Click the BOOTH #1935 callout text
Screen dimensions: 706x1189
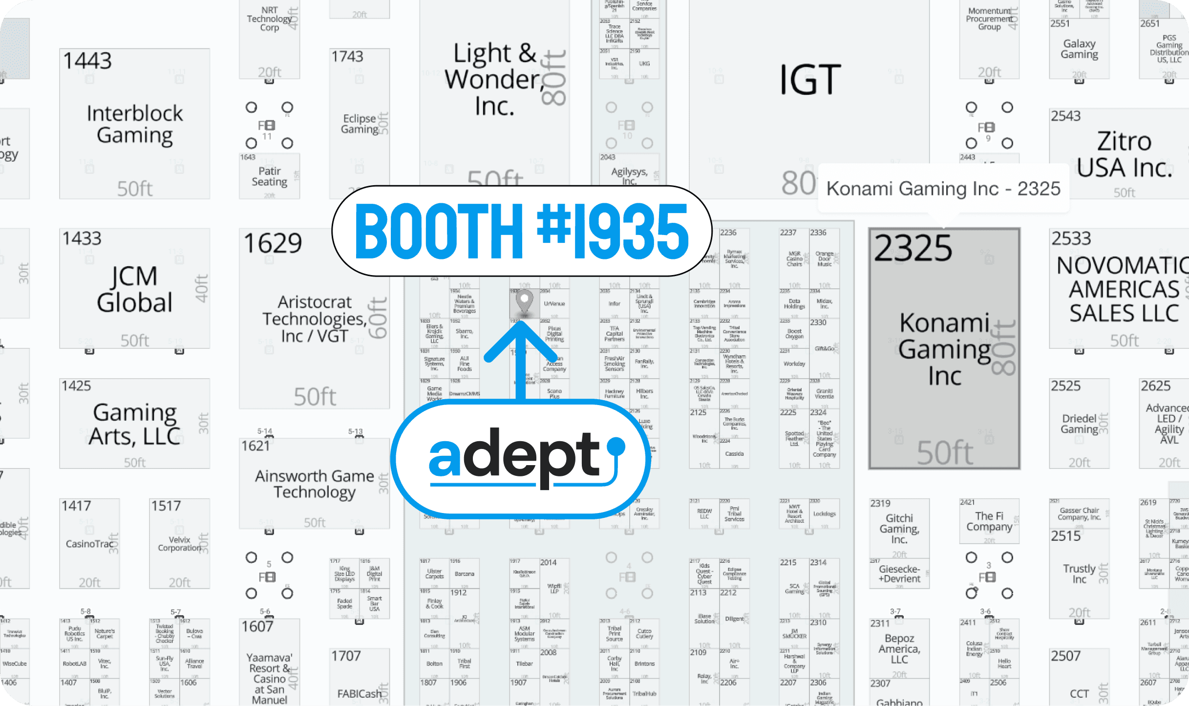pyautogui.click(x=521, y=231)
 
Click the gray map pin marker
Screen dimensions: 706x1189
pyautogui.click(x=524, y=301)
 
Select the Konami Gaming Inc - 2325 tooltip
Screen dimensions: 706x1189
pyautogui.click(x=943, y=189)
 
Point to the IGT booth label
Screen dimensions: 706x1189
pyautogui.click(x=809, y=80)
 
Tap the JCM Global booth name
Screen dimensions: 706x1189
pyautogui.click(x=134, y=289)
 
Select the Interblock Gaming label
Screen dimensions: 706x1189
pyautogui.click(x=135, y=124)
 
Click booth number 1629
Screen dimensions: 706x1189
pyautogui.click(x=273, y=243)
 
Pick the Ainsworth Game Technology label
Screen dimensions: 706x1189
pyautogui.click(x=314, y=484)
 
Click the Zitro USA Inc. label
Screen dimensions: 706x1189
pyautogui.click(x=1124, y=155)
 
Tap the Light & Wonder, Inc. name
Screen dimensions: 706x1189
pyautogui.click(x=494, y=79)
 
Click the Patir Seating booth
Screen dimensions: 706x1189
pyautogui.click(x=269, y=176)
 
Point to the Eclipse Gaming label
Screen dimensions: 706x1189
pyautogui.click(x=360, y=124)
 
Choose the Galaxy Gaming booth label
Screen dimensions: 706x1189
pyautogui.click(x=1079, y=49)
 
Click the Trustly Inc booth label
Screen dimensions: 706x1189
pyautogui.click(x=1079, y=574)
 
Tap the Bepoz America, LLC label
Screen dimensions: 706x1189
pyautogui.click(x=899, y=649)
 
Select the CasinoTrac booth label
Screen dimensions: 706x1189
pyautogui.click(x=89, y=544)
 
